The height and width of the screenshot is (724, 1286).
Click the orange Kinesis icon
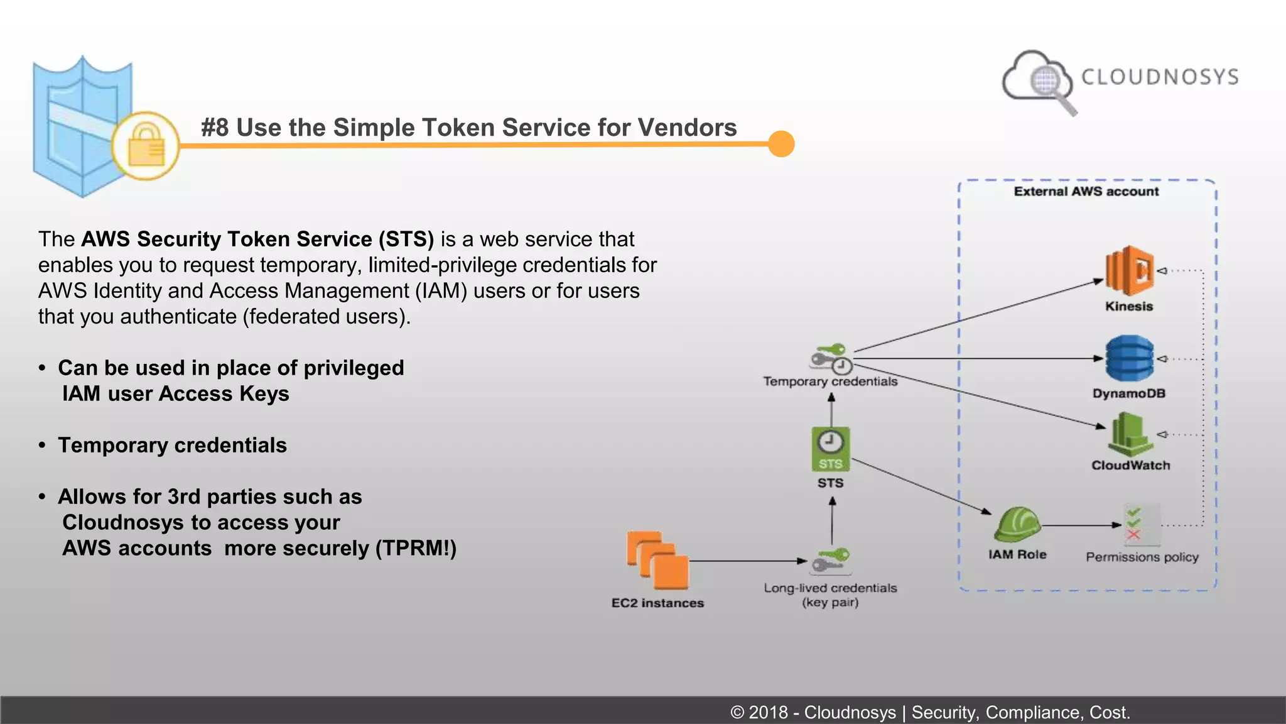[x=1129, y=271]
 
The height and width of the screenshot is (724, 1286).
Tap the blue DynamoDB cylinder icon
[x=1129, y=358]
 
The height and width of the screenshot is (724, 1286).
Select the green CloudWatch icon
[x=1130, y=434]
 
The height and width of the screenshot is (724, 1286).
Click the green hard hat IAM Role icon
[x=1017, y=524]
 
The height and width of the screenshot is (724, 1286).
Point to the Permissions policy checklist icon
[x=1141, y=525]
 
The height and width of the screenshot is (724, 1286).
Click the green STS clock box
[x=831, y=449]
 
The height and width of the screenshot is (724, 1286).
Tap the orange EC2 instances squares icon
[x=657, y=559]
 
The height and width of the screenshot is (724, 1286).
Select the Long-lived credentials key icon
[x=830, y=561]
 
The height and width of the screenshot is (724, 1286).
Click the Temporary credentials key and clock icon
[x=831, y=358]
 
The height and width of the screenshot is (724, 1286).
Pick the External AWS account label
[x=1086, y=191]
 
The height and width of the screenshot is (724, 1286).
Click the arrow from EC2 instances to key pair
[x=747, y=561]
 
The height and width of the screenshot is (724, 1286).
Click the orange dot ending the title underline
[x=781, y=144]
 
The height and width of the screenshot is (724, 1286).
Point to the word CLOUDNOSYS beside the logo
[x=1160, y=77]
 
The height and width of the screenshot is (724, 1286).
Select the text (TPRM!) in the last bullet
[x=416, y=548]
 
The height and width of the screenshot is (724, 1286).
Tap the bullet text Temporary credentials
[x=172, y=445]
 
